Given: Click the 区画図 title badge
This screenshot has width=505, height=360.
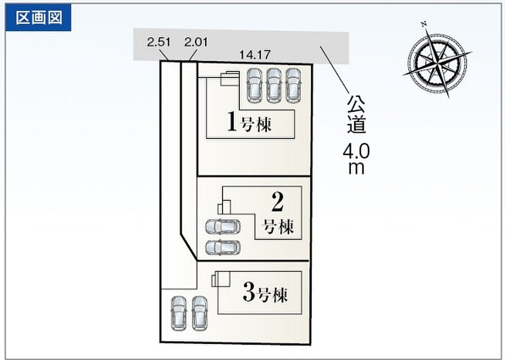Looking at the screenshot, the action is point(38,18).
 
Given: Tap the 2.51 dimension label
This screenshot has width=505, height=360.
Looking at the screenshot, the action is point(158,42).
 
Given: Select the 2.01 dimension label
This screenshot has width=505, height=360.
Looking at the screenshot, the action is point(196,42).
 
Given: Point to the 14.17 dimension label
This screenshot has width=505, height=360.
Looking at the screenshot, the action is point(254,55).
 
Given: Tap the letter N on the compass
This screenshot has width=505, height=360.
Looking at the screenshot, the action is point(424,24).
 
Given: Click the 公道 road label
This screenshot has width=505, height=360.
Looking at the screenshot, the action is point(356,114).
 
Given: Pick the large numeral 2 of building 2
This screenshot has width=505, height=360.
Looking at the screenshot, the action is point(277,202).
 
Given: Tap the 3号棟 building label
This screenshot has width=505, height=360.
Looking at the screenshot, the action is point(265,292).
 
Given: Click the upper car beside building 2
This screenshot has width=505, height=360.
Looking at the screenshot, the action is point(223,227).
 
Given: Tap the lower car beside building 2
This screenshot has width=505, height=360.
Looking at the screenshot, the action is point(223,248).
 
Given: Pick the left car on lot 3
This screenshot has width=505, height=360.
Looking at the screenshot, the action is point(178,313).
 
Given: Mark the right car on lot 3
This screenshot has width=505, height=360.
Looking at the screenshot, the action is point(199,313).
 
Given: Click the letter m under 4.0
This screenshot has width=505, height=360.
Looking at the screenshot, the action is point(356,168).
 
